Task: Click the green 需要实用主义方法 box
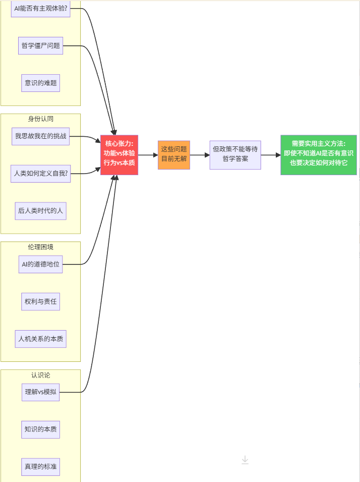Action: pos(318,155)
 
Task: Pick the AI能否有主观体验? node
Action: pos(40,9)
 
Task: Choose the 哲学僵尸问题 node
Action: pos(40,45)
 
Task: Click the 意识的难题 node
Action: pos(40,83)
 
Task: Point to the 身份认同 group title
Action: pos(40,119)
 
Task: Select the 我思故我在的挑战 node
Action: pos(40,136)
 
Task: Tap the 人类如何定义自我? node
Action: pos(40,174)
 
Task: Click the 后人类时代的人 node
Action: pos(40,211)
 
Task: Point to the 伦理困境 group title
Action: pos(40,247)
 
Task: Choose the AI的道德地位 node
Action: pos(40,264)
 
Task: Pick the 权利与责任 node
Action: pos(40,302)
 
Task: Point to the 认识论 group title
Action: pos(40,376)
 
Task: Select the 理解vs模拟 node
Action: pos(40,392)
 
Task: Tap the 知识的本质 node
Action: pos(40,430)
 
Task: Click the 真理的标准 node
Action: pos(40,467)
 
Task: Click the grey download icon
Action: pos(245,460)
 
